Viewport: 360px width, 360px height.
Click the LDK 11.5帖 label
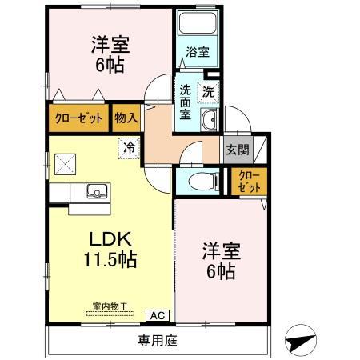110,249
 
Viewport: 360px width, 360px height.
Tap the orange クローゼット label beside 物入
78,117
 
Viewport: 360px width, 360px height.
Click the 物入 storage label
126,117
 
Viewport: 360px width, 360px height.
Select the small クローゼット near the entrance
249,181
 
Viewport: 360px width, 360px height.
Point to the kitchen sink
96,193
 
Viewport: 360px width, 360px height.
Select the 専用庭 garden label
158,341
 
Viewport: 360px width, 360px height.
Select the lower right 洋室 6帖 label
218,262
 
